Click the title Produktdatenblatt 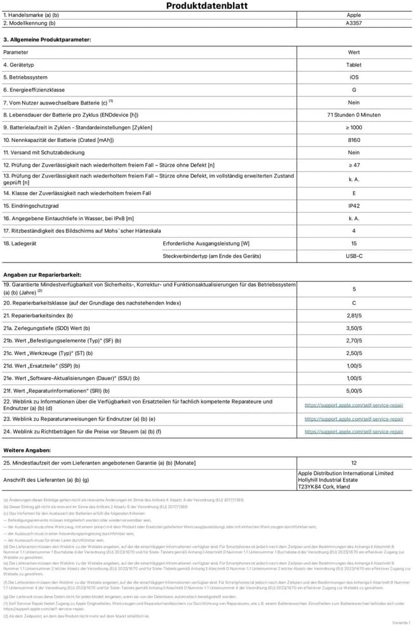(207, 6)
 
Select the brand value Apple (354, 15)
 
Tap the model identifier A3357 (354, 23)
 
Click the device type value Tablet (354, 65)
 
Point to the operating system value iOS (354, 77)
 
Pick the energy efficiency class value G (354, 90)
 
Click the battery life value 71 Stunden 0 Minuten (354, 115)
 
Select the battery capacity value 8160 (354, 140)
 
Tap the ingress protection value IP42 (354, 206)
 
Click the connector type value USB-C (354, 256)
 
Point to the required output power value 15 (354, 244)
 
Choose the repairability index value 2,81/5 (354, 315)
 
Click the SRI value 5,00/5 (354, 391)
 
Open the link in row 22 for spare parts (354, 405)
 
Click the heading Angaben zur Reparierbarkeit (42, 274)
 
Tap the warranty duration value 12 (354, 463)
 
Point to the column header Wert (354, 52)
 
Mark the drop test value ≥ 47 (354, 165)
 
